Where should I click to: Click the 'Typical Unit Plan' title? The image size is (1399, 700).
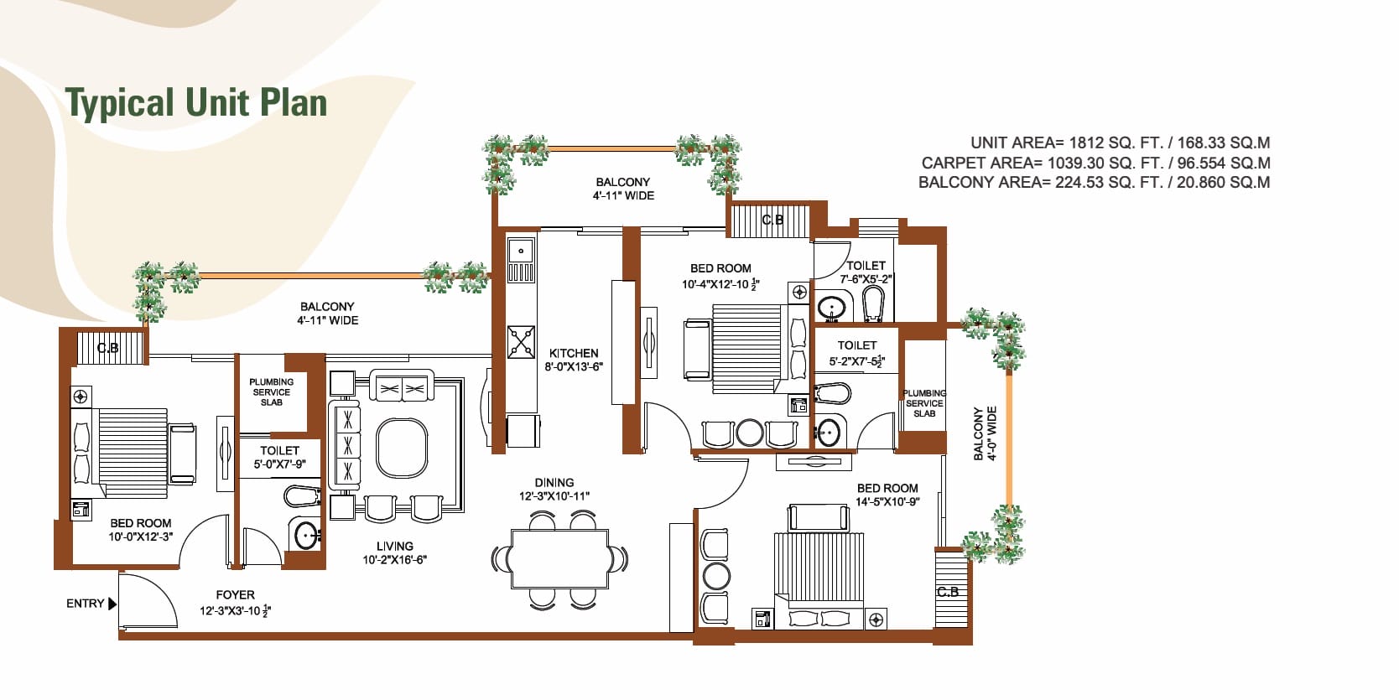196,102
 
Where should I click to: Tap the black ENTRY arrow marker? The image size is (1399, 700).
112,604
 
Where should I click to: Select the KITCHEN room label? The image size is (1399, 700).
574,354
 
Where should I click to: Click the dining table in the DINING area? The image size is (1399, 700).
559,559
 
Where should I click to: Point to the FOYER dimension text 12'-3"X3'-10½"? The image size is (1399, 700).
236,611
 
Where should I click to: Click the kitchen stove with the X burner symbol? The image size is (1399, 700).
521,341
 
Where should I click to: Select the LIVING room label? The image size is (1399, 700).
395,547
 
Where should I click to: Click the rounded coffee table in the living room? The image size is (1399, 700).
402,448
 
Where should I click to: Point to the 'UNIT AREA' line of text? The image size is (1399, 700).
1120,143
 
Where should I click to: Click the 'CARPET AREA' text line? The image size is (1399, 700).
1095,163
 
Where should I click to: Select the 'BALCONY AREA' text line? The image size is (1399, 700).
1094,183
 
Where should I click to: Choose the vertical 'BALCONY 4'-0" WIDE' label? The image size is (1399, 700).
985,434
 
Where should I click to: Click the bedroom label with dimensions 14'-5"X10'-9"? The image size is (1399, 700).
887,495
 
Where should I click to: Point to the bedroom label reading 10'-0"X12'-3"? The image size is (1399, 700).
141,530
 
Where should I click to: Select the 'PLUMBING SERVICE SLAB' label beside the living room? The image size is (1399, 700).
271,392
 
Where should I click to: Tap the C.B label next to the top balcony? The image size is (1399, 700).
772,220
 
